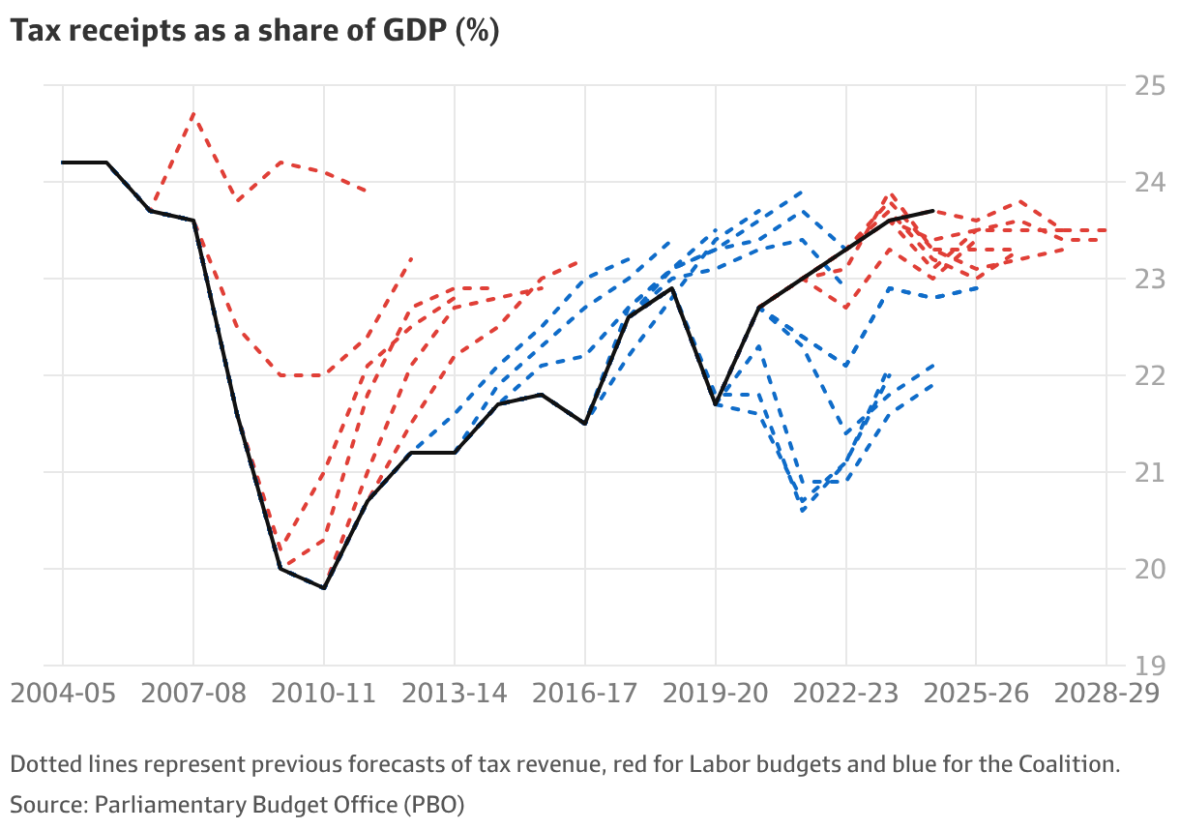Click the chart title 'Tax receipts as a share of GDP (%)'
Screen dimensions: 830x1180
[254, 32]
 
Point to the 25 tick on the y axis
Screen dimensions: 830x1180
[1150, 85]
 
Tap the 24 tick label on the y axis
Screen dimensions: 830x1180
[1150, 182]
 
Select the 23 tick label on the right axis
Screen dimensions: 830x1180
[1150, 279]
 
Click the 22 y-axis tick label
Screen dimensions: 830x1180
[1150, 375]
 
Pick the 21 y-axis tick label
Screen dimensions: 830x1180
[1150, 472]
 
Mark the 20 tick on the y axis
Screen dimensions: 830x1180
[1150, 569]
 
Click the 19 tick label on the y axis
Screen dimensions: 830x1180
[1150, 666]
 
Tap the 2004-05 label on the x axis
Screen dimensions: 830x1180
[64, 694]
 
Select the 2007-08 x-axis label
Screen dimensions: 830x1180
[193, 694]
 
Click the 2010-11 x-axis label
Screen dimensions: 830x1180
[324, 694]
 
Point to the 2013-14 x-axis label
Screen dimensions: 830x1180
[455, 694]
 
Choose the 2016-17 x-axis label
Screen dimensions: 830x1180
[585, 694]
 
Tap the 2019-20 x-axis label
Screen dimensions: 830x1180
[716, 694]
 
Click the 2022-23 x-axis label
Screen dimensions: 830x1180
[846, 694]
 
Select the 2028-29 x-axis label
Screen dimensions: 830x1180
[1106, 694]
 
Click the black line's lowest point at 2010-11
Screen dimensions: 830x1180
[324, 587]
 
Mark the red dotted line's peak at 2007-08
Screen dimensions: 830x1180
[193, 114]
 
